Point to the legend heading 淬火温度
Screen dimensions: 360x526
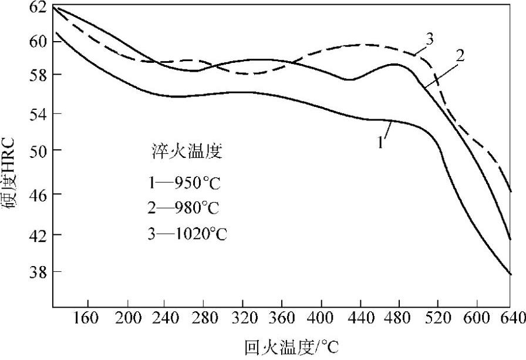pos(184,152)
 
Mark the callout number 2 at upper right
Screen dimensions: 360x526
pos(460,56)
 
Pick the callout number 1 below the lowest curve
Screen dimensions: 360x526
pos(380,142)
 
